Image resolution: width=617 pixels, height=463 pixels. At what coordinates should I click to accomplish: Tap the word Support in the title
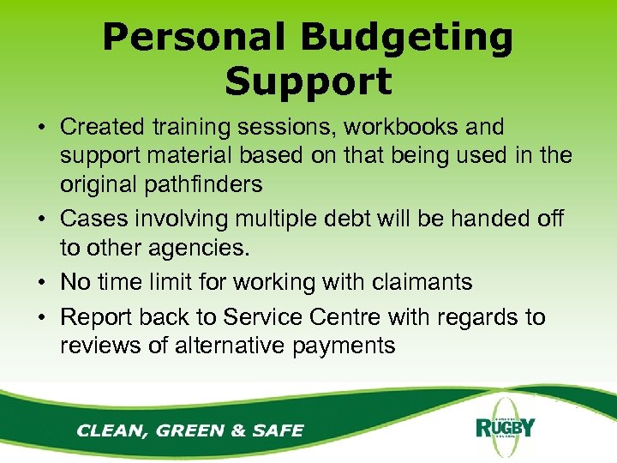point(308,81)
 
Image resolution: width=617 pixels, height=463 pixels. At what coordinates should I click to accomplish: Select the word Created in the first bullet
point(105,127)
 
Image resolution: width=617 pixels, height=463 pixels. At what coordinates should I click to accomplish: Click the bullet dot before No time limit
point(41,282)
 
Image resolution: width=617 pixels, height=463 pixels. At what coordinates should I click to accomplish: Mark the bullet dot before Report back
point(41,318)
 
